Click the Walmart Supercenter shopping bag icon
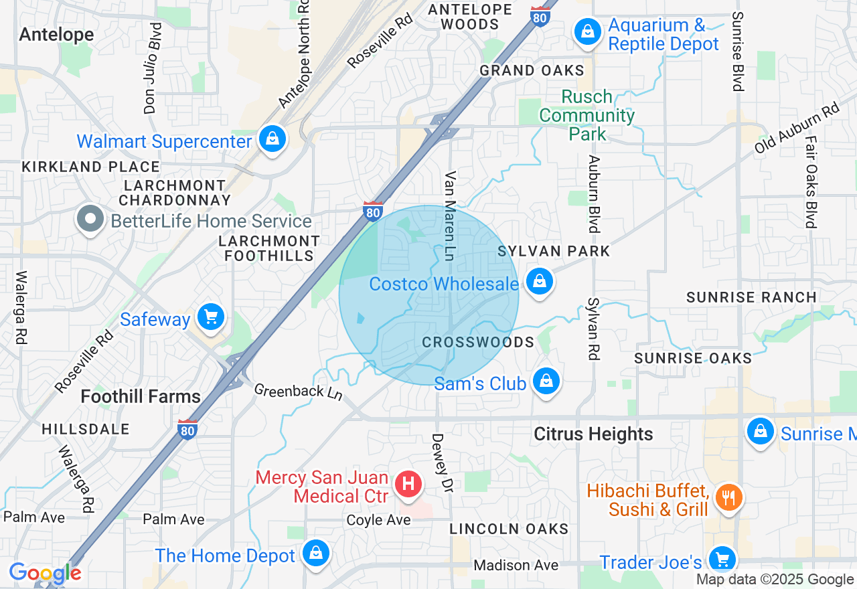click(x=272, y=139)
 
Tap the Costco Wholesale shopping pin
click(x=539, y=282)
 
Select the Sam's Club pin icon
click(x=546, y=382)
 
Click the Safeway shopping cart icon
click(x=212, y=317)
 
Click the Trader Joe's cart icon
click(x=722, y=559)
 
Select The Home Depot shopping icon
click(x=315, y=554)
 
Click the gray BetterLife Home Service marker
click(x=90, y=219)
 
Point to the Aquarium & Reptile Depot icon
click(x=588, y=31)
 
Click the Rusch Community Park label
click(x=587, y=115)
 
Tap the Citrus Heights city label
click(x=593, y=434)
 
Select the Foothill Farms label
click(x=141, y=396)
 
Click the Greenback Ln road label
click(x=298, y=392)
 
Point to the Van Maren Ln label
click(x=451, y=216)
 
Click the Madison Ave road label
click(x=516, y=566)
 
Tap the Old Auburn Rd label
click(x=797, y=128)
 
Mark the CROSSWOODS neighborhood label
click(x=478, y=343)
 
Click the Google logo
click(x=45, y=573)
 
